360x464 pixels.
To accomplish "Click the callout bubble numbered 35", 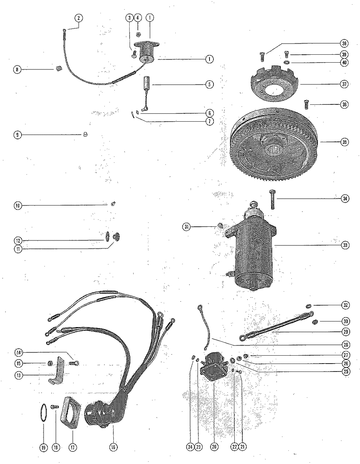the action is [x=345, y=142].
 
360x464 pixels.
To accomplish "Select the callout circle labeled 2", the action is [x=78, y=18].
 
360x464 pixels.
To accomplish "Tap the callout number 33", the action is [x=345, y=245].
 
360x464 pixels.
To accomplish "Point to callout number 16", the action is [x=113, y=447].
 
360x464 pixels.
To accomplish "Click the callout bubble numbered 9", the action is [x=18, y=135].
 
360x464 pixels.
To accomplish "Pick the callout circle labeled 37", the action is [x=344, y=84].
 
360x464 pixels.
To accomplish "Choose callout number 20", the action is [x=214, y=447].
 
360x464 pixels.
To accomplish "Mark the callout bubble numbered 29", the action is [x=346, y=332].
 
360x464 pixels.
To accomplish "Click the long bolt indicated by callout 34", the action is [x=272, y=199].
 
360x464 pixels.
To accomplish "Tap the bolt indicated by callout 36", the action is [x=307, y=105].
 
